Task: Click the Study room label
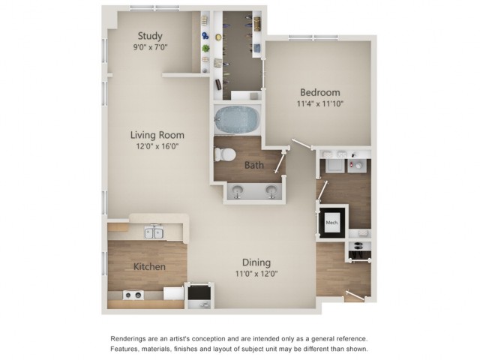(x=150, y=36)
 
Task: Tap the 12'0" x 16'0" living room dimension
(x=157, y=146)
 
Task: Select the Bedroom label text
(x=320, y=92)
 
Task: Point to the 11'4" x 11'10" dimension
(x=320, y=103)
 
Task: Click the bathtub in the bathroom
(x=237, y=120)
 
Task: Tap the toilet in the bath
(x=225, y=154)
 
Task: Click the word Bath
(x=254, y=165)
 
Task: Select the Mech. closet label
(x=332, y=223)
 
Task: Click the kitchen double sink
(x=154, y=232)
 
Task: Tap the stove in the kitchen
(x=133, y=295)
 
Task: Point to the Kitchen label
(x=149, y=267)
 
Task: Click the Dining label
(x=256, y=262)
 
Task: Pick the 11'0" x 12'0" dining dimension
(x=256, y=273)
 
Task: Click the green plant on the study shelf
(x=206, y=48)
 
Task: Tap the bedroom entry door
(x=302, y=144)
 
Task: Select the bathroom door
(x=280, y=162)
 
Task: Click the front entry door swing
(x=355, y=295)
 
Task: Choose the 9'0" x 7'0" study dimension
(x=150, y=47)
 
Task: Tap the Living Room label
(x=157, y=135)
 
